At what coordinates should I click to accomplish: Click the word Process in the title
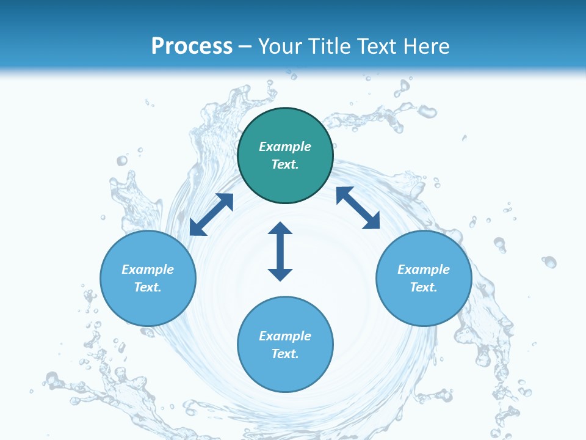tap(192, 46)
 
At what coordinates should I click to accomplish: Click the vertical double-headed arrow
tap(280, 251)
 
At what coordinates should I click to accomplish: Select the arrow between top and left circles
tap(211, 215)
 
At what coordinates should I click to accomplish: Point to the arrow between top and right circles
tap(358, 208)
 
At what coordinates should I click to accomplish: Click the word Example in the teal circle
tap(285, 147)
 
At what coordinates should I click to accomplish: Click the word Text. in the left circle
tap(148, 287)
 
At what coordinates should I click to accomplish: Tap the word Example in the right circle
tap(424, 269)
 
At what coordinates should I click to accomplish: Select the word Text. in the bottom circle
tap(285, 354)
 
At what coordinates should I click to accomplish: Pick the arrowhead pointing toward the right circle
tap(372, 221)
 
